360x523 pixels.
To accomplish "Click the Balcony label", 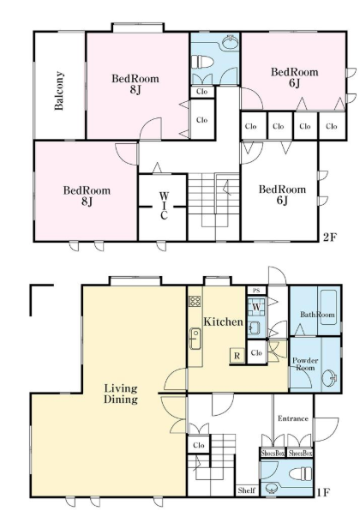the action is pos(59,90).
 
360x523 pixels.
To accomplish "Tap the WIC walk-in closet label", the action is pos(164,206).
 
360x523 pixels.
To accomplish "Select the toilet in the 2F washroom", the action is pos(202,62).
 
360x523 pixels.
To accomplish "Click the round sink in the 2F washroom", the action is pos(230,42).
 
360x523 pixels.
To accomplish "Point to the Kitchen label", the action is pos(223,322).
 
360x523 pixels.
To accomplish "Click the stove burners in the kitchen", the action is pos(195,301).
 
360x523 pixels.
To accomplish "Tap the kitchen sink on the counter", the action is pos(195,339).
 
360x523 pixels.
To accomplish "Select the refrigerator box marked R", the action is pos(237,356).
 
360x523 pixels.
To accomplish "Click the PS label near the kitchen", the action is pos(256,291).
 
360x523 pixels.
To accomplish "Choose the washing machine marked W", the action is pos(256,307).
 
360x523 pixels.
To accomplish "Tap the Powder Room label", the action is pos(305,364).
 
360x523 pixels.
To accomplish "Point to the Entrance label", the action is pos(293,418).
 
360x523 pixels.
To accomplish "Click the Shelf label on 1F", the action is pos(247,490).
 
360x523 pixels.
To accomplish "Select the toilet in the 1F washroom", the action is pos(301,473).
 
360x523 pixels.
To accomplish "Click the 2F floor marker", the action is pos(330,237).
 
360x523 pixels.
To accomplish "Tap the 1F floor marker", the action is pos(322,492).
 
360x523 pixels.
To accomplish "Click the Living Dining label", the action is pos(121,394).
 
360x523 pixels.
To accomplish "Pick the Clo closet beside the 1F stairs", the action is pos(199,445).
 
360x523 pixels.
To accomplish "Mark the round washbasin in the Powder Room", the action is pos(329,378).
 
